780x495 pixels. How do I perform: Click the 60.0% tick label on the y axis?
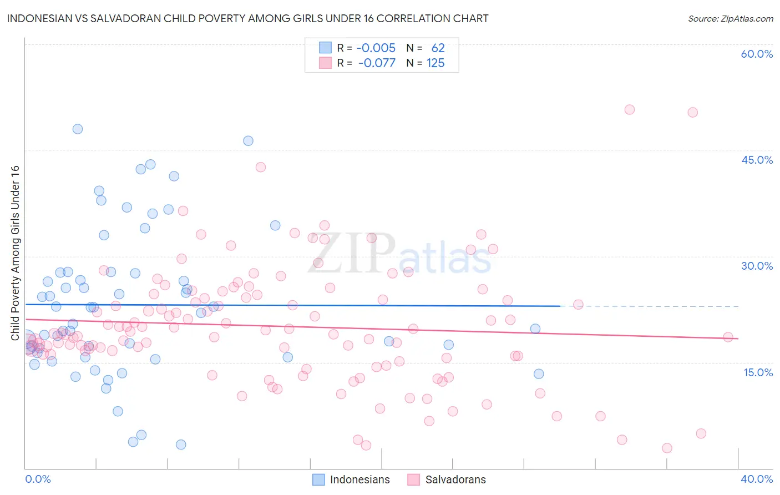[x=757, y=54]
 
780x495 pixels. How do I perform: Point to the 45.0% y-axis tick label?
[x=757, y=160]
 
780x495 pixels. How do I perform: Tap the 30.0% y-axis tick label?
[x=757, y=266]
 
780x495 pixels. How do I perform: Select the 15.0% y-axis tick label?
[x=758, y=372]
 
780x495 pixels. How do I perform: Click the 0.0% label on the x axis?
[x=38, y=479]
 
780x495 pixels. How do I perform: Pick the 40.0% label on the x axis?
[x=757, y=479]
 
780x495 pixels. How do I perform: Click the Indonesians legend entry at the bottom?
[x=351, y=479]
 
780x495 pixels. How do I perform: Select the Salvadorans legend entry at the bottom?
[x=447, y=479]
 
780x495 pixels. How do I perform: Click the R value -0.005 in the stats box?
[x=376, y=48]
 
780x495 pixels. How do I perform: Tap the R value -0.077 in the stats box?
[x=377, y=63]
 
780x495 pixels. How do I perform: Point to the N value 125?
[x=435, y=63]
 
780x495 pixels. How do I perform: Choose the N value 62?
[x=438, y=48]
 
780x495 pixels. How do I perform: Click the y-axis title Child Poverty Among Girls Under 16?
[x=15, y=252]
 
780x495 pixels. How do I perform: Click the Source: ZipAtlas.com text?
[x=730, y=18]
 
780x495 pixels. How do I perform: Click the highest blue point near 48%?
[x=78, y=129]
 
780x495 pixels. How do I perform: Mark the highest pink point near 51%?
[x=629, y=109]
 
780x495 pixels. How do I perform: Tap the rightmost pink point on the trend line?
[x=728, y=337]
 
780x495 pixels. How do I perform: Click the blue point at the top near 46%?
[x=248, y=140]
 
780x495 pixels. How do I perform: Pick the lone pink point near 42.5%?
[x=260, y=167]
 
